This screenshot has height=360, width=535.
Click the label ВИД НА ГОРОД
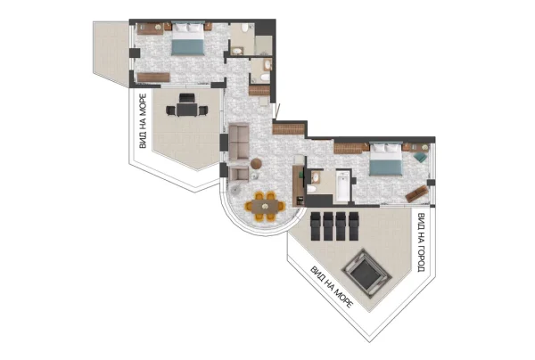[422, 242]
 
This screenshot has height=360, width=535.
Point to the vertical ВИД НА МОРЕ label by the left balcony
[143, 121]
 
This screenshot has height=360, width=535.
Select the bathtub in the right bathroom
[342, 186]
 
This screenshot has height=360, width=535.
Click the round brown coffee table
[256, 164]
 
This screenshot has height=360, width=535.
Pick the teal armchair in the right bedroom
[420, 157]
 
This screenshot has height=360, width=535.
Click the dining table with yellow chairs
[265, 206]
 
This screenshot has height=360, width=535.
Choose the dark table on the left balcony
[187, 109]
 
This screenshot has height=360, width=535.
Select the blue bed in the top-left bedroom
[187, 38]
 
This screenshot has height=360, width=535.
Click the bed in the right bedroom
[386, 159]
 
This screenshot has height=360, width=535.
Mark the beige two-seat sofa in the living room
[238, 142]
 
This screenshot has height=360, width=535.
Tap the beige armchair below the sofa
[239, 174]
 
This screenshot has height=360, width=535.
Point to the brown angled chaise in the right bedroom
[417, 193]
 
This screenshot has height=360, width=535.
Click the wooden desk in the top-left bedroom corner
[151, 29]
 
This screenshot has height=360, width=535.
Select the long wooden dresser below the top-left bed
[153, 78]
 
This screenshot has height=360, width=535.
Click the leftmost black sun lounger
[316, 226]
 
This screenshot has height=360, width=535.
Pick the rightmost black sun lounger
[353, 226]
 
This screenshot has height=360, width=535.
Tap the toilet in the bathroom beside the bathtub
[311, 189]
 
